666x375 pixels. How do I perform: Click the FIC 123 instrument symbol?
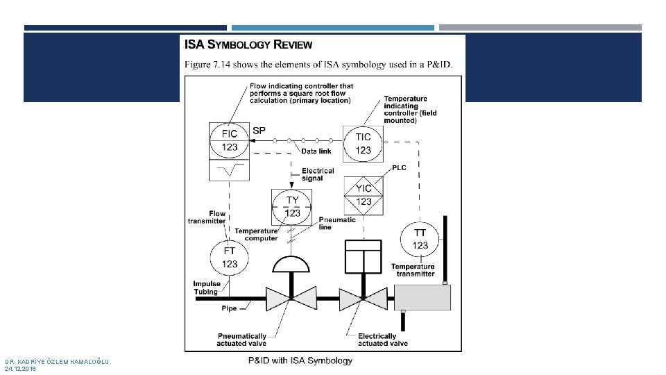tap(230, 140)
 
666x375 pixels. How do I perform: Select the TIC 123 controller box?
tap(363, 144)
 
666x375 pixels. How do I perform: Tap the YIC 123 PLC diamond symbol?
tap(364, 195)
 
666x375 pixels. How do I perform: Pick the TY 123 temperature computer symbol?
tap(293, 206)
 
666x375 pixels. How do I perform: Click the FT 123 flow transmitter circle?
tap(230, 257)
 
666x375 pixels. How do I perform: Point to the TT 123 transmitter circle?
tap(420, 239)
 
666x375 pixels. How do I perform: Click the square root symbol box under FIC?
tap(230, 170)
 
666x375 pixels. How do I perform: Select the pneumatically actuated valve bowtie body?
tap(292, 297)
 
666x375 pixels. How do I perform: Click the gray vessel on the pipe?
tap(422, 297)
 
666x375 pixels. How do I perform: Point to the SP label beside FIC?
tap(259, 130)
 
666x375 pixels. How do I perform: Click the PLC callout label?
tap(400, 168)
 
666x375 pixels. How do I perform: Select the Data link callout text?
tap(316, 151)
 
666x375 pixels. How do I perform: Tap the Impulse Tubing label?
tap(207, 287)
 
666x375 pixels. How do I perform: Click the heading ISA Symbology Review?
tap(248, 45)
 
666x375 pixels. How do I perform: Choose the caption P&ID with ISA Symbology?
tap(300, 360)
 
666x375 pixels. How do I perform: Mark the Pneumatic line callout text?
tap(337, 223)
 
